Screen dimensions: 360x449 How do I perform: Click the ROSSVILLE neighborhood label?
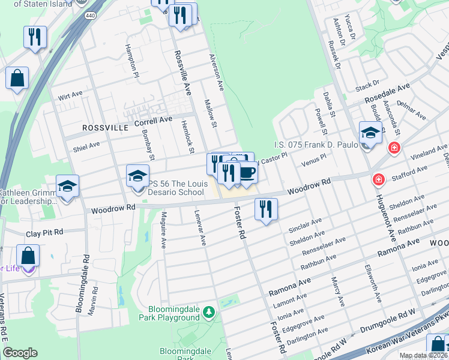106,128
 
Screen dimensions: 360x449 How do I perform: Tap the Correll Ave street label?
153,121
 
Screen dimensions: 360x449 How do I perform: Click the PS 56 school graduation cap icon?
138,176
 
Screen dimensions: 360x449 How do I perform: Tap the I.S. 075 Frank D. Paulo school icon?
370,133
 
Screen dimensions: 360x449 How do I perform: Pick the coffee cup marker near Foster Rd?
246,173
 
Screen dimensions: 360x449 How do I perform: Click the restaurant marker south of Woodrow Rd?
265,209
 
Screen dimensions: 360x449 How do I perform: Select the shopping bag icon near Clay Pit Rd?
28,255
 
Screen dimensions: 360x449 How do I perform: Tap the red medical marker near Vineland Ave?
394,147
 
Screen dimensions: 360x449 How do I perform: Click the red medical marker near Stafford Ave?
378,179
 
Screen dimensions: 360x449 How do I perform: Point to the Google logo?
20,353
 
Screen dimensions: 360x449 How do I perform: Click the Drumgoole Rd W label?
389,313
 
